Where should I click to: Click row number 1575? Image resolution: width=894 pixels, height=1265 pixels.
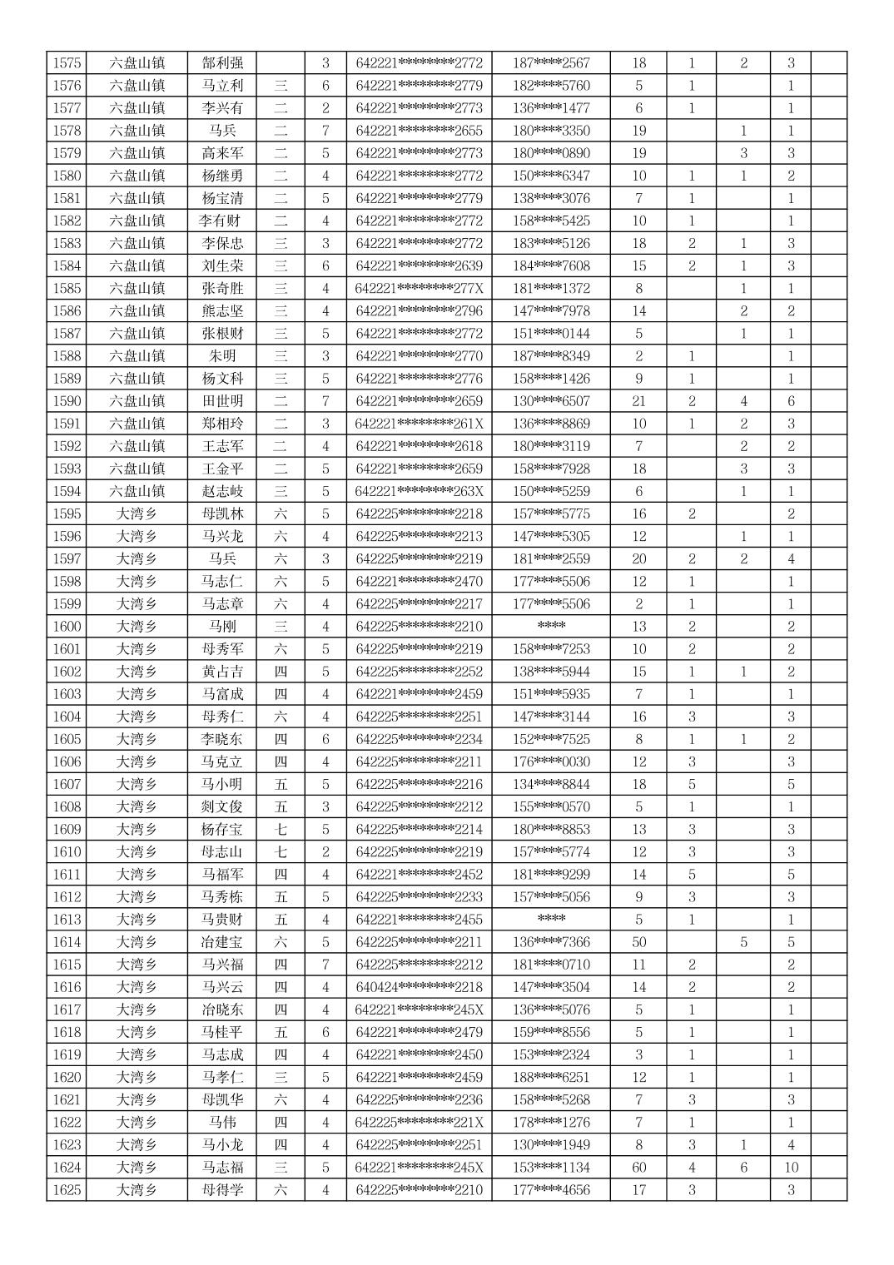point(67,63)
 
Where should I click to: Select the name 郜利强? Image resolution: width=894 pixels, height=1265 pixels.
point(222,63)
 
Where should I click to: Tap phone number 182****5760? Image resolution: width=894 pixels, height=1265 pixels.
point(551,86)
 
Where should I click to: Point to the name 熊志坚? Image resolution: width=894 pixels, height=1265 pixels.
point(222,311)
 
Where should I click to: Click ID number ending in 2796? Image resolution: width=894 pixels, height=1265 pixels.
point(419,311)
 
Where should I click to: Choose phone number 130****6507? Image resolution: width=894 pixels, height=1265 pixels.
point(551,401)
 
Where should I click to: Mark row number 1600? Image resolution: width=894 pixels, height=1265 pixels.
point(67,627)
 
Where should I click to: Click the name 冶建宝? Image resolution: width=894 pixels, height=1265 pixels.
point(222,942)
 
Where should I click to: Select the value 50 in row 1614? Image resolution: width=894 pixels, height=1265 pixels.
point(638,942)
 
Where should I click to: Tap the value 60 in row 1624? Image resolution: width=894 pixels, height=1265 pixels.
point(638,1168)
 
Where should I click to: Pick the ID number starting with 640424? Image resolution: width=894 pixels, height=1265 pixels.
point(419,987)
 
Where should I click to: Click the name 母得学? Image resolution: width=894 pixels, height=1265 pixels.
point(222,1190)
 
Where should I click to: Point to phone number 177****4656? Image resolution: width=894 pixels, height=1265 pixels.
point(551,1190)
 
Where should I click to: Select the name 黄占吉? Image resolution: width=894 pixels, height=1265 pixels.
point(222,672)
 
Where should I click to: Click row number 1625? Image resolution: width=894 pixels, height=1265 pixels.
point(67,1190)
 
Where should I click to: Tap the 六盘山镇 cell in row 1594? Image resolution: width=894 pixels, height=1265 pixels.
point(137,491)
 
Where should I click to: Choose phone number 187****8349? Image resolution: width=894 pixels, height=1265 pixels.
point(551,356)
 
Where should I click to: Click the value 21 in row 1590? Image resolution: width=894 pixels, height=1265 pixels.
point(638,401)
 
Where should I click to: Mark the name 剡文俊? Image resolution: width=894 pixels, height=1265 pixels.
point(222,806)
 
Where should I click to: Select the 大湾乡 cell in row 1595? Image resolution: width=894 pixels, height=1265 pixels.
point(137,513)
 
